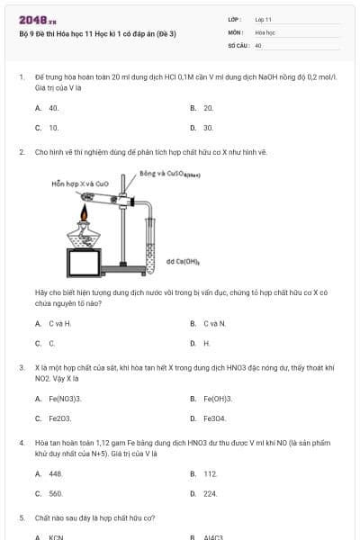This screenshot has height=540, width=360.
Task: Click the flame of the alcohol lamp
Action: point(85,213)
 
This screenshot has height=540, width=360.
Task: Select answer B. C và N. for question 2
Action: point(213,323)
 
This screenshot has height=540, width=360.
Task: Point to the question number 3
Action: point(21,367)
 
